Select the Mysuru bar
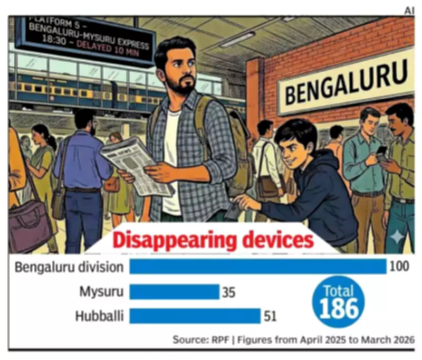pyautogui.click(x=174, y=291)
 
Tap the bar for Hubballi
pyautogui.click(x=195, y=316)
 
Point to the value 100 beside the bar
pyautogui.click(x=399, y=267)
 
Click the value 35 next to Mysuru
pyautogui.click(x=228, y=292)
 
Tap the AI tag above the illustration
pyautogui.click(x=409, y=11)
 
